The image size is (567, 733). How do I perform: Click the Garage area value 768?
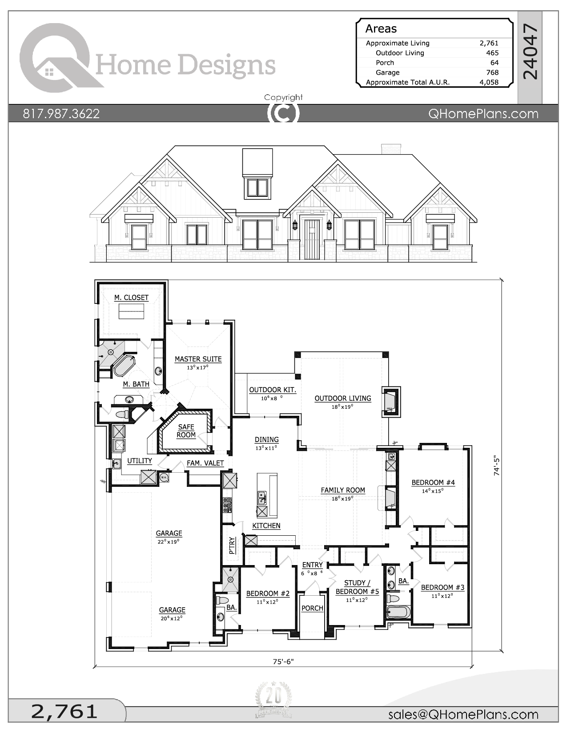tap(492, 72)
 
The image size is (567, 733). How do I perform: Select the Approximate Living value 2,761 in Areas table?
tap(489, 43)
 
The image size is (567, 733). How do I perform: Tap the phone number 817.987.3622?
tap(61, 114)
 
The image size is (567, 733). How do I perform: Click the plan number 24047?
tap(530, 52)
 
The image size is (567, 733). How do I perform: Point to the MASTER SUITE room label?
tap(198, 359)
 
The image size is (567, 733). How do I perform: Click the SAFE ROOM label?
tap(186, 431)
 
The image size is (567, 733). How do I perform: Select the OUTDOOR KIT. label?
tap(272, 390)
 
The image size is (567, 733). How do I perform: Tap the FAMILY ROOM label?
tap(343, 490)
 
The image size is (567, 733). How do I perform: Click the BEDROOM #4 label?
tap(433, 482)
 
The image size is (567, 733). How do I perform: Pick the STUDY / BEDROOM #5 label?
tap(357, 587)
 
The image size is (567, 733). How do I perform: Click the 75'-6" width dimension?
tap(283, 661)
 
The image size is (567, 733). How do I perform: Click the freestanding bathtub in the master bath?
tap(124, 365)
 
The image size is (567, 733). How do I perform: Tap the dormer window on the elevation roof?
tap(257, 187)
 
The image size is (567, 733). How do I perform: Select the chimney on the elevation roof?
tap(391, 149)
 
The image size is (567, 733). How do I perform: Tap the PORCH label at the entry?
tap(312, 608)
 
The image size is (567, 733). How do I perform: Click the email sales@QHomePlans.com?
tap(463, 714)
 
